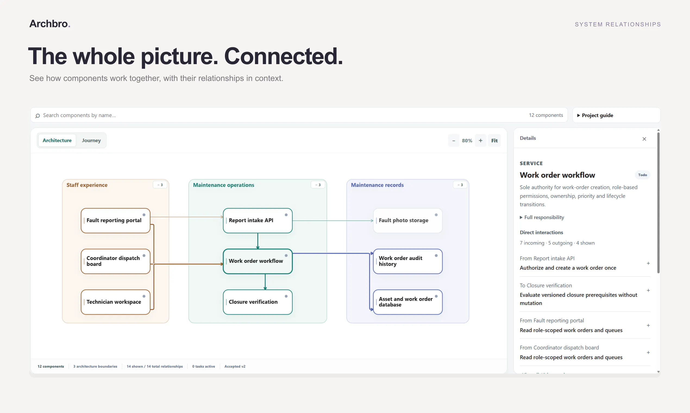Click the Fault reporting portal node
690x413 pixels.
(115, 220)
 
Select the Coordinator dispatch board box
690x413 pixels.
(115, 261)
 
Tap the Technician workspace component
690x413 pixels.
(115, 302)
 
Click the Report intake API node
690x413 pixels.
(258, 220)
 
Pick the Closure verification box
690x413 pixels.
(258, 302)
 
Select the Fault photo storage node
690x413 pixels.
(407, 220)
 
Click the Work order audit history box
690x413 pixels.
(407, 261)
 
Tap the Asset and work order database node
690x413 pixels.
(407, 302)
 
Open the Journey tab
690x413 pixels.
(91, 140)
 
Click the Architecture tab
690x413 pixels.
(57, 140)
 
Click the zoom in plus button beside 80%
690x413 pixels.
(481, 140)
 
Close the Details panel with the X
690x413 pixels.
(644, 139)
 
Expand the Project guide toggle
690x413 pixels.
(595, 115)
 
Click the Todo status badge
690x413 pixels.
(642, 175)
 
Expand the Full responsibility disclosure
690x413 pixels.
(542, 217)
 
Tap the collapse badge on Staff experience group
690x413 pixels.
(160, 185)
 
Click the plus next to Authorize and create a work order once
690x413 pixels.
(648, 263)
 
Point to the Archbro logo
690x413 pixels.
(50, 24)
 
